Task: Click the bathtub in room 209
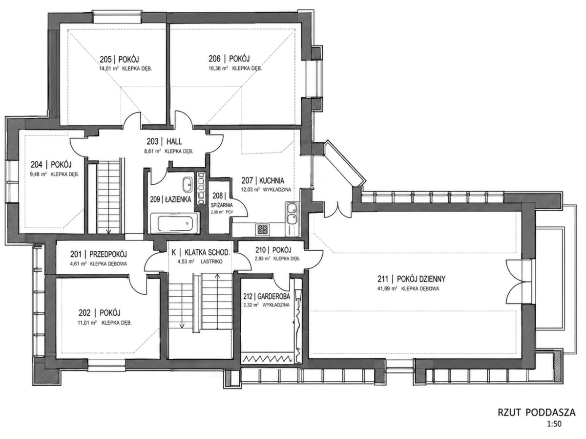(x=174, y=223)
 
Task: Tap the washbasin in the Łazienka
(x=188, y=185)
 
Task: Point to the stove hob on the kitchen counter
(x=263, y=230)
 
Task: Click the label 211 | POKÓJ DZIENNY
(x=411, y=279)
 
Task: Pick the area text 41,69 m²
(x=387, y=288)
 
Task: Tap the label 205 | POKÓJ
(x=119, y=59)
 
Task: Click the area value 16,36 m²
(x=218, y=68)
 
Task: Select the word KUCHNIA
(x=272, y=180)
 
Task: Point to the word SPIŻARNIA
(x=222, y=205)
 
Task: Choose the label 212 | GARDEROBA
(x=267, y=296)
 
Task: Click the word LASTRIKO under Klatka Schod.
(x=211, y=262)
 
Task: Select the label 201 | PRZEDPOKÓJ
(x=99, y=254)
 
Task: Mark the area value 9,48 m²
(x=39, y=175)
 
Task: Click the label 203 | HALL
(x=164, y=141)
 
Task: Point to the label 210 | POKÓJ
(x=273, y=250)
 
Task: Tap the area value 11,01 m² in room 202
(x=87, y=323)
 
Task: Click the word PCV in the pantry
(x=230, y=212)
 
